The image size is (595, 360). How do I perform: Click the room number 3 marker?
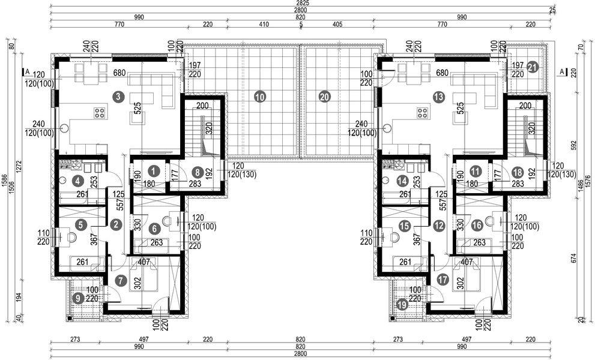pyautogui.click(x=119, y=96)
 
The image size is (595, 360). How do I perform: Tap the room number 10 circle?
pyautogui.click(x=259, y=96)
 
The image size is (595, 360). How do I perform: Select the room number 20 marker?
pyautogui.click(x=325, y=96)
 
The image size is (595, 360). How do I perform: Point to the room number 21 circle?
pyautogui.click(x=532, y=68)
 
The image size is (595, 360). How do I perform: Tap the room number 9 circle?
pyautogui.click(x=77, y=298)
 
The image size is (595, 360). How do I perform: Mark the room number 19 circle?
pyautogui.click(x=402, y=304)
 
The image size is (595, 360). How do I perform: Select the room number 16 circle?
pyautogui.click(x=477, y=226)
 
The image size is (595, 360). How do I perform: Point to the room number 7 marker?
pyautogui.click(x=122, y=280)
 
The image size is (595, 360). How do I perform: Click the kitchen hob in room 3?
pyautogui.click(x=99, y=112)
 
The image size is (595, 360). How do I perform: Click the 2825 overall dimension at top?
pyautogui.click(x=298, y=4)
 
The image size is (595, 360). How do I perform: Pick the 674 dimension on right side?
pyautogui.click(x=574, y=259)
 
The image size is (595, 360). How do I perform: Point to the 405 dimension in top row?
pyautogui.click(x=337, y=26)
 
